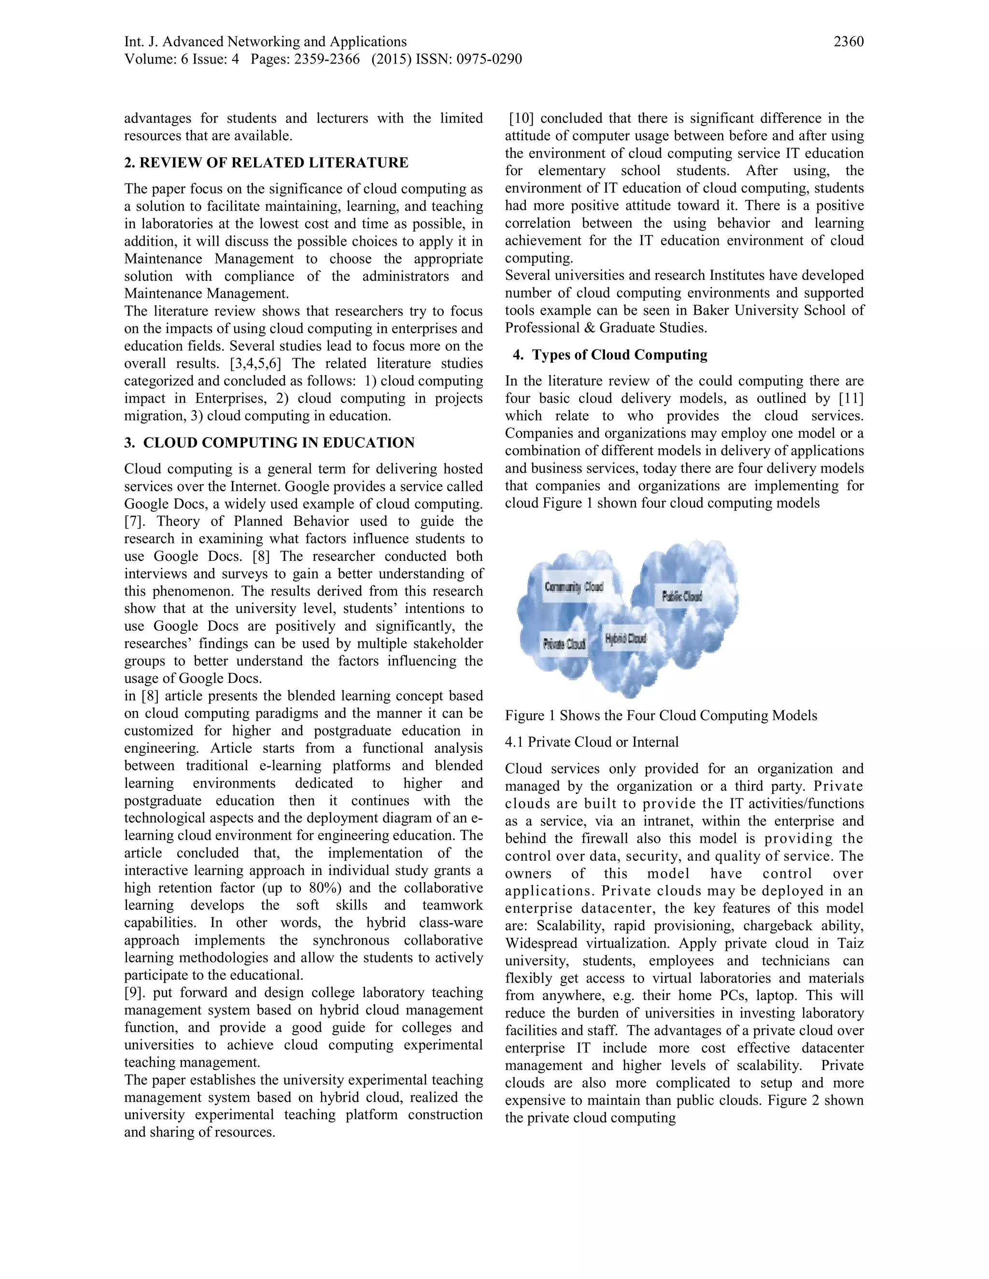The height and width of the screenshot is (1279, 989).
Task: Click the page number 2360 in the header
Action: (x=848, y=42)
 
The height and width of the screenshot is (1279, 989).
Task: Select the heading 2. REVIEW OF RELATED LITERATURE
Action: (x=266, y=162)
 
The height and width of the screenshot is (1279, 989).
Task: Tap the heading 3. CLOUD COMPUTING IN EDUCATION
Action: (x=269, y=442)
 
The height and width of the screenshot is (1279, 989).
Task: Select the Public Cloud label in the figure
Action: (x=681, y=596)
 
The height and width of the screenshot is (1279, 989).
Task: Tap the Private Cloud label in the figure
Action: (x=564, y=643)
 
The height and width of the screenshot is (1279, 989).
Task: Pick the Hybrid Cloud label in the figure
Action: (x=625, y=638)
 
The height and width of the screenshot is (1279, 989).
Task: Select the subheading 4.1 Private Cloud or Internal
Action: (x=591, y=741)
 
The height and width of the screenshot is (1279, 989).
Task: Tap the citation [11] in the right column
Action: (x=851, y=398)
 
